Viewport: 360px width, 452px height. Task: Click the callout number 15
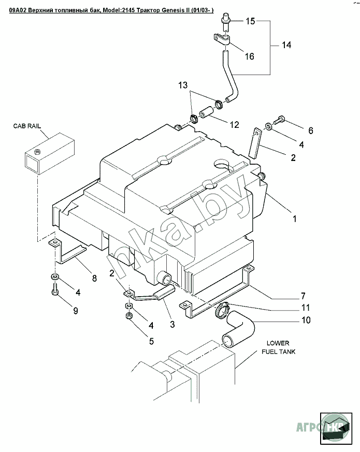point(251,21)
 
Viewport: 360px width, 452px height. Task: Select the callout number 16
point(249,56)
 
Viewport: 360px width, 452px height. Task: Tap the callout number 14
point(286,45)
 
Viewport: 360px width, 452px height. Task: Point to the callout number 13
point(183,85)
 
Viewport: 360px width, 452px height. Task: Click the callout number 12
point(235,124)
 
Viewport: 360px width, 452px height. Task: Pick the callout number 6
point(311,130)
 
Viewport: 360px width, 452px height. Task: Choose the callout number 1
point(295,219)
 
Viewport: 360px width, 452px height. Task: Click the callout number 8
point(94,278)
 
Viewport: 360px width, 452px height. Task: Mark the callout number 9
point(76,311)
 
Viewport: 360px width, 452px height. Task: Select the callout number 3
point(172,325)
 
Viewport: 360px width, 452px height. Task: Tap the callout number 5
point(151,341)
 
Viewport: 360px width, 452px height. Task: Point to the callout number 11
point(306,309)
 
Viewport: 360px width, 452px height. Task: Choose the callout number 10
point(306,320)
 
